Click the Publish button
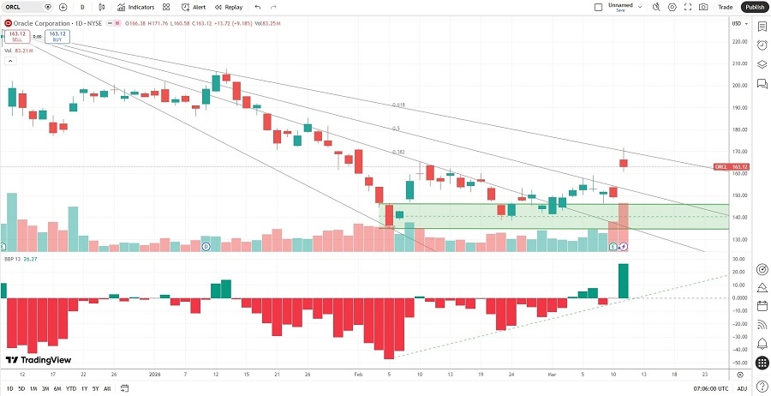coord(754,7)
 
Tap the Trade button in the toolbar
coord(725,7)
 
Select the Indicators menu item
coord(136,7)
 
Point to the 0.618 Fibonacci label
coord(398,105)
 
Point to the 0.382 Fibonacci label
coord(397,152)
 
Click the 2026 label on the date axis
coord(155,375)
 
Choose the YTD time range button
coord(71,389)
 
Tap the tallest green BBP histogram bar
coord(624,281)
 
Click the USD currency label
coord(736,22)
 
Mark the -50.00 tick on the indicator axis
coord(736,363)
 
